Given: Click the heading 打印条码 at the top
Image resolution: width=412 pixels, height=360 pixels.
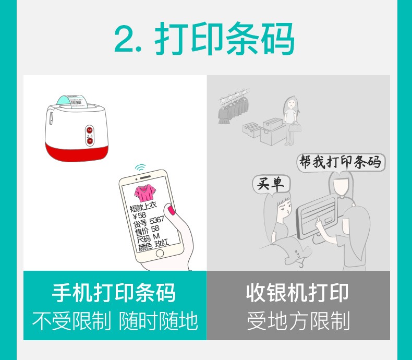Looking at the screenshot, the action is point(225,39).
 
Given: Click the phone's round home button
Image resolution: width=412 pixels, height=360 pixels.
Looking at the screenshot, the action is point(160,254).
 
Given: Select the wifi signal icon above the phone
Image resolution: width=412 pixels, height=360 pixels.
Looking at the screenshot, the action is point(140,167).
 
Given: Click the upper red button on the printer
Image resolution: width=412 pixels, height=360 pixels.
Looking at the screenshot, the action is point(90,130).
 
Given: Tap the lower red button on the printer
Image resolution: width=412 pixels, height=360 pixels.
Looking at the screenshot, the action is point(90,141).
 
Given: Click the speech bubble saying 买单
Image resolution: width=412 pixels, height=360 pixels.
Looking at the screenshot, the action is point(271,184).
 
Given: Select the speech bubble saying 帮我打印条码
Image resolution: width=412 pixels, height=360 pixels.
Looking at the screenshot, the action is point(341,162).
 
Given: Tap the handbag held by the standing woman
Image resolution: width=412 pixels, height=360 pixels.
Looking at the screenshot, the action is point(295,127).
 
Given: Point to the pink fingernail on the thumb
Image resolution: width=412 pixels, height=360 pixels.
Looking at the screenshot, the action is point(172,210).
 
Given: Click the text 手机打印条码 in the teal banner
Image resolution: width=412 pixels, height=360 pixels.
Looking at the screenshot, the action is point(114,293).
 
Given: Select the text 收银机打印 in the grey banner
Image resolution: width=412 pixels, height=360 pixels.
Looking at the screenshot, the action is point(297,293).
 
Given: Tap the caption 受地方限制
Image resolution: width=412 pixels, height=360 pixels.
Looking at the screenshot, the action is point(298,320).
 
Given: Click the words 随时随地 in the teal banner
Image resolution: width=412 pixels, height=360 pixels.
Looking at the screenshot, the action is point(158,320).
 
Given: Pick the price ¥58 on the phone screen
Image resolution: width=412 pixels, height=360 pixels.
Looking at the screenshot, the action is point(140,216).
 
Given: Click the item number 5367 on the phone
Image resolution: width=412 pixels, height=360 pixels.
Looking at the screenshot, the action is point(157,220).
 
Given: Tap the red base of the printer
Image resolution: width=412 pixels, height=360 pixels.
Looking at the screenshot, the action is point(77,152).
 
